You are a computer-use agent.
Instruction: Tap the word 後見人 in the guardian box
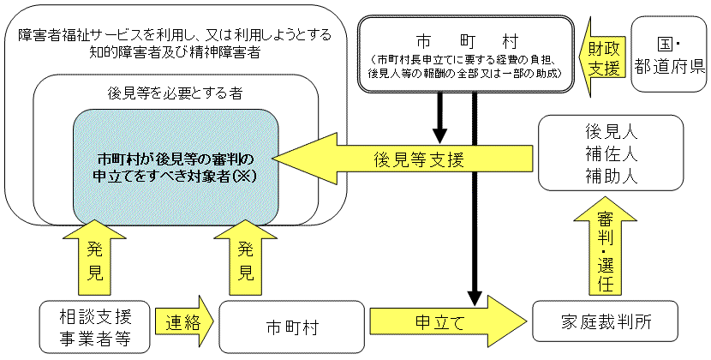[610, 133]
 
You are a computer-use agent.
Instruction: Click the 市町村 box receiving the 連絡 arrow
[288, 327]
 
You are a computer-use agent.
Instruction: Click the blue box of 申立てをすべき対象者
[176, 166]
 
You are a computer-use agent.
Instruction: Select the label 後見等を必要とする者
[175, 92]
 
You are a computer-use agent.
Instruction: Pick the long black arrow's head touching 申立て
[474, 298]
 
